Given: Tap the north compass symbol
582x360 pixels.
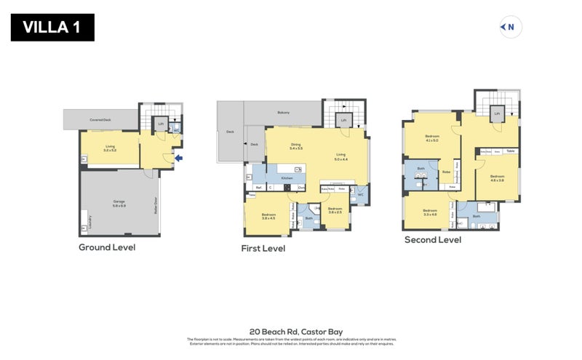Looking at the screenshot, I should (509, 28).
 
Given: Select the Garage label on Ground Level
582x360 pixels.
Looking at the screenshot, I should (119, 204).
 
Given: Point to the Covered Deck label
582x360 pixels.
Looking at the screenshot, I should (100, 119).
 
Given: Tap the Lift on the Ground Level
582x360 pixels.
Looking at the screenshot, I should (161, 124).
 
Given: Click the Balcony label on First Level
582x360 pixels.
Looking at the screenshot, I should (283, 113).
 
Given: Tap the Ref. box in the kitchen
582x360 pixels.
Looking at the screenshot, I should (258, 188).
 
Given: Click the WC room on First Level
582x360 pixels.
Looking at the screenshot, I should (360, 194).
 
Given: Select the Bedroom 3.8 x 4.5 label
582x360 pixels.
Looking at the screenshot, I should (268, 215).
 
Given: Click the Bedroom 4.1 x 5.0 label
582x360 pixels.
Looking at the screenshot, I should (432, 138).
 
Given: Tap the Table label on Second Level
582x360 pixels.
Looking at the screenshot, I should (511, 151).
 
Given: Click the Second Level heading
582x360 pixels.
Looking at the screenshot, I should (434, 239).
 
